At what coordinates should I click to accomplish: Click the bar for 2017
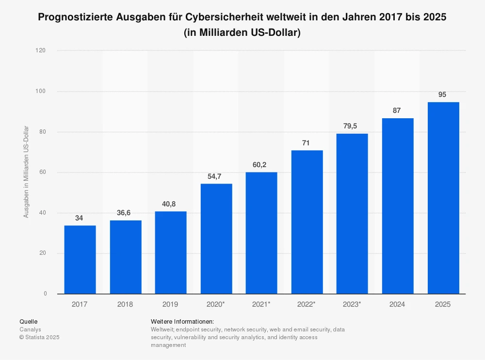[80, 260]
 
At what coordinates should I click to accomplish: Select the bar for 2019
[171, 252]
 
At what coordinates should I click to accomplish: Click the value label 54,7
[216, 176]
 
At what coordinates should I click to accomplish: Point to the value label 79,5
[352, 126]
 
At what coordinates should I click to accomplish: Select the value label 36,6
[125, 213]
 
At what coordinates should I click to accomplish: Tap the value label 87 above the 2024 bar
[397, 110]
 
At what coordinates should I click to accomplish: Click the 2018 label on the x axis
[125, 304]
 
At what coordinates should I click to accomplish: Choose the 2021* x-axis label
[261, 304]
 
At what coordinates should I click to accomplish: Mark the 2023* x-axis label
[352, 304]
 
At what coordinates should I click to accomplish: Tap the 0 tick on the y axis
[45, 294]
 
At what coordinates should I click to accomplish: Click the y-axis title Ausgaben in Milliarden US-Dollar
[26, 172]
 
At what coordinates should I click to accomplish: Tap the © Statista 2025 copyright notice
[39, 337]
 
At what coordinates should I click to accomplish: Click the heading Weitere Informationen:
[182, 322]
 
